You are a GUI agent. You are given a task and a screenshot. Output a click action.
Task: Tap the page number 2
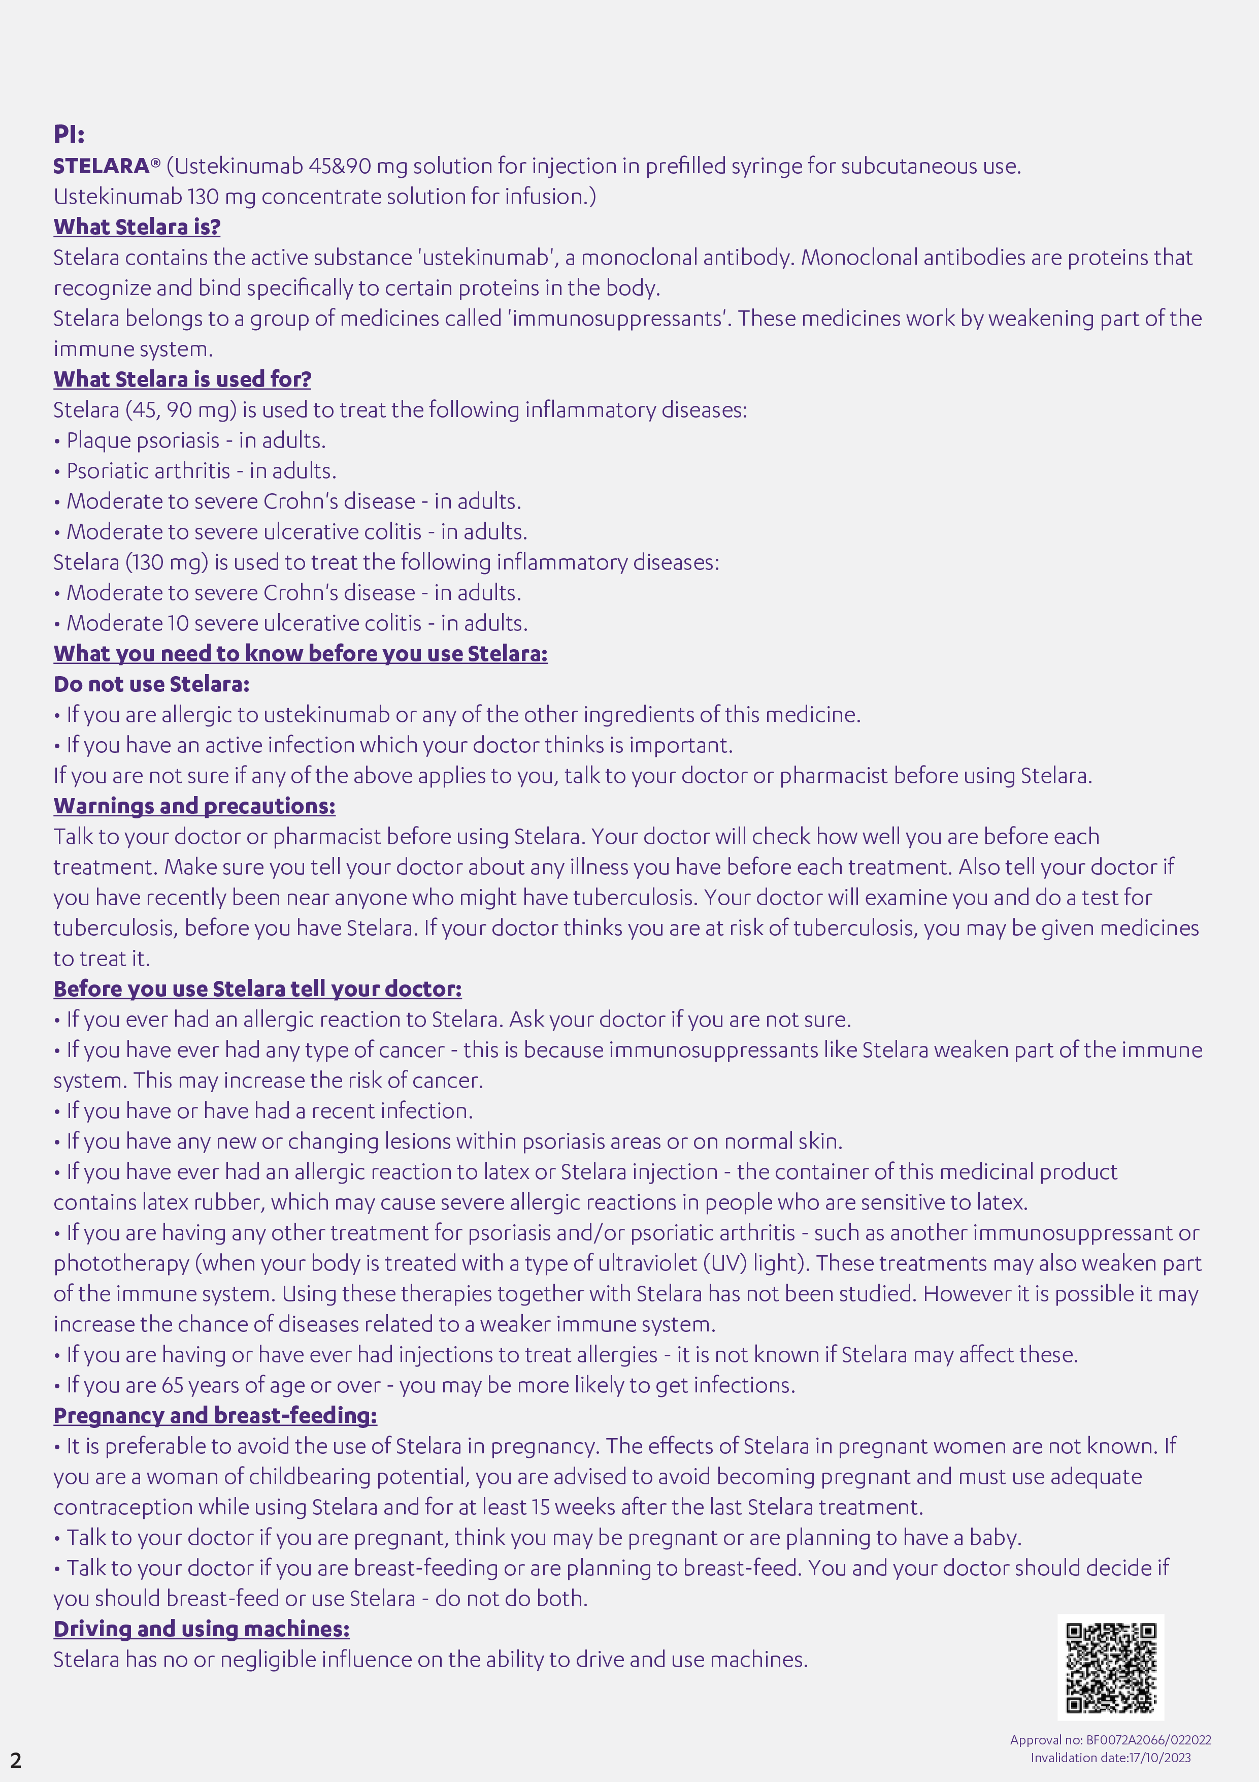tap(16, 1760)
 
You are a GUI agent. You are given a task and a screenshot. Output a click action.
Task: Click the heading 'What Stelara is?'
tap(137, 227)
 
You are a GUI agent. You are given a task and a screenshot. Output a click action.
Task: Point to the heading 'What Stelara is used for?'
tap(182, 379)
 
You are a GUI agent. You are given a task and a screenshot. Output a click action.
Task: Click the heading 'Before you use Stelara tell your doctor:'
tap(257, 989)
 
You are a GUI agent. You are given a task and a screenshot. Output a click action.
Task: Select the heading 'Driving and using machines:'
tap(202, 1628)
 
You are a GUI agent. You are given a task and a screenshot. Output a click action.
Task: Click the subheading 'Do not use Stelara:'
tap(152, 684)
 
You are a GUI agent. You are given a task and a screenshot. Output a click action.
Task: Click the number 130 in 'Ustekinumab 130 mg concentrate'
tap(203, 197)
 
